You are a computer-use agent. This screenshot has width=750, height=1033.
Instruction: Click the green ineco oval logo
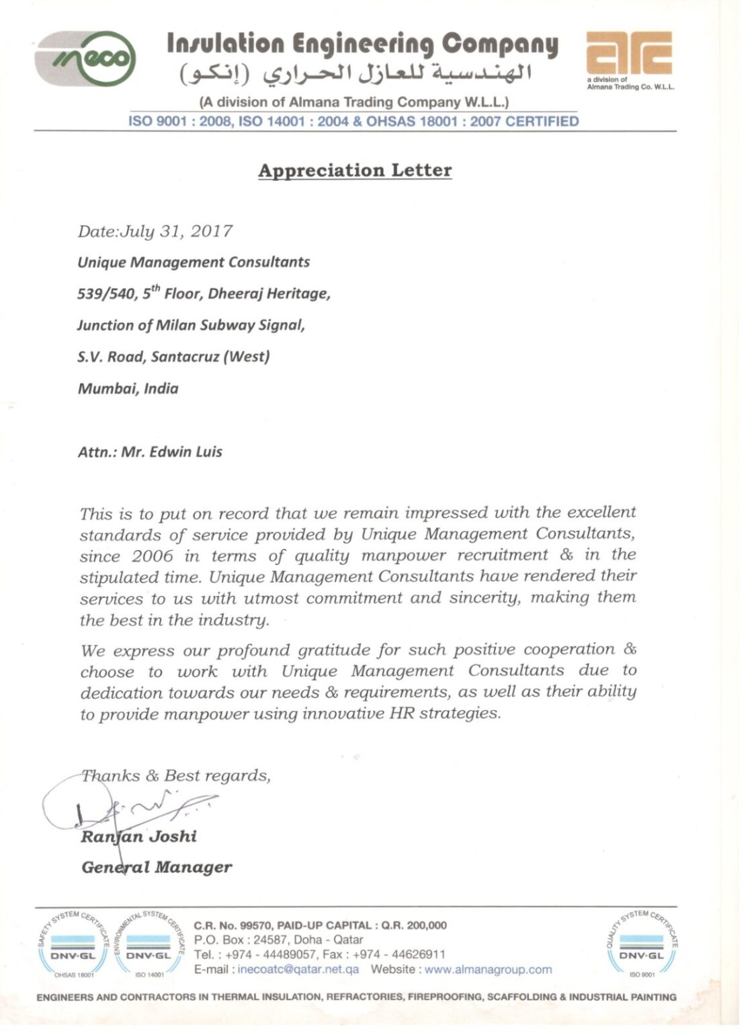(x=85, y=58)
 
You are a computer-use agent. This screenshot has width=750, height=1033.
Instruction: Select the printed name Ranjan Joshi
(x=139, y=837)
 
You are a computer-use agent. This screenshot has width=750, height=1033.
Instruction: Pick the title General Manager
(x=157, y=868)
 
